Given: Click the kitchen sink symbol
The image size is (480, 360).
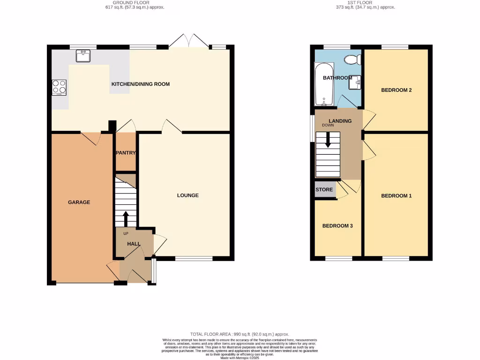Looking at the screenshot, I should pyautogui.click(x=83, y=56).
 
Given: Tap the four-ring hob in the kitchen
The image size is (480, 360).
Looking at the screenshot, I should pyautogui.click(x=59, y=87).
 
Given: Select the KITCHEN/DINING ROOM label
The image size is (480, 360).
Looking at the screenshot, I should pyautogui.click(x=140, y=84).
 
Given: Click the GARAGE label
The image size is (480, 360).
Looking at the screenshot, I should pyautogui.click(x=79, y=202).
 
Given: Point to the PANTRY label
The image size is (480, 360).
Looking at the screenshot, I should pyautogui.click(x=126, y=153).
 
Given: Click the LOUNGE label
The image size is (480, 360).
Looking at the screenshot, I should pyautogui.click(x=187, y=195).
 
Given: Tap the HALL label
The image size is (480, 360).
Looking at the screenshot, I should pyautogui.click(x=134, y=244).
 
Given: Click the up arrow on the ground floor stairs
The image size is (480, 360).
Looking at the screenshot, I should pyautogui.click(x=125, y=218).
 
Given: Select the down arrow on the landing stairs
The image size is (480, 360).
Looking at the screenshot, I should pyautogui.click(x=328, y=140).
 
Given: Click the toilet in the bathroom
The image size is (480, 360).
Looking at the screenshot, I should pyautogui.click(x=351, y=60).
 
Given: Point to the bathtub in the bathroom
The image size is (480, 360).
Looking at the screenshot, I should pyautogui.click(x=323, y=85).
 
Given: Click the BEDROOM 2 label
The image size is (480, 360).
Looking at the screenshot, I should pyautogui.click(x=396, y=90).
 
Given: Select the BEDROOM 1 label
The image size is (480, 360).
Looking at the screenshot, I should pyautogui.click(x=396, y=196).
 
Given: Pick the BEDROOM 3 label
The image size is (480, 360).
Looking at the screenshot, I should pyautogui.click(x=337, y=226).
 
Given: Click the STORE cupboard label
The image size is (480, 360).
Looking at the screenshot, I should pyautogui.click(x=324, y=190).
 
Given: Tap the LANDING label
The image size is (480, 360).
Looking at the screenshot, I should pyautogui.click(x=340, y=121).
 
